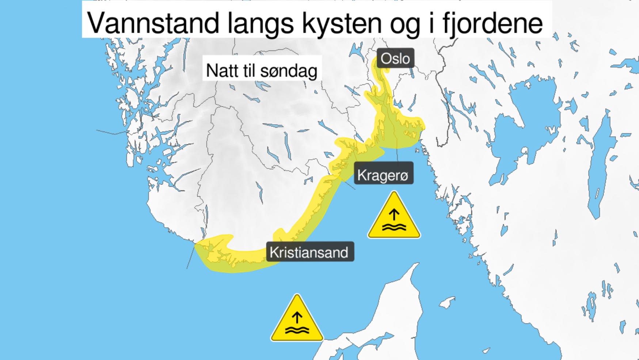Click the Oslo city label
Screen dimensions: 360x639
click(395, 58)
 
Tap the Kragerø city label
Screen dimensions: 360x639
click(383, 175)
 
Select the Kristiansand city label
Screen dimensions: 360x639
click(309, 252)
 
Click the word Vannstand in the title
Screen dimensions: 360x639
click(153, 23)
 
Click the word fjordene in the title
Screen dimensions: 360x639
click(492, 23)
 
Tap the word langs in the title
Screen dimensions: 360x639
click(260, 23)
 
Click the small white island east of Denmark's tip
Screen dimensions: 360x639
click(447, 303)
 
